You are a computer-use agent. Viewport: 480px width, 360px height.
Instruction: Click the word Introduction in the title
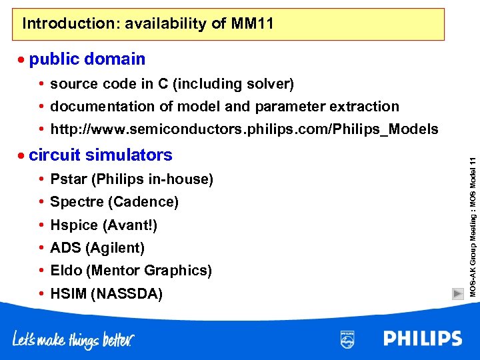(59, 24)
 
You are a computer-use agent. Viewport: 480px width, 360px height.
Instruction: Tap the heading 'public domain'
(87, 59)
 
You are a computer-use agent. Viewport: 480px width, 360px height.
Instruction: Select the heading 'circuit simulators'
(101, 155)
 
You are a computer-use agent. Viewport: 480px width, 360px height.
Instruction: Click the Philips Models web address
(245, 129)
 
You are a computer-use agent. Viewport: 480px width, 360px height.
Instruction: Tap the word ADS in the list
(65, 248)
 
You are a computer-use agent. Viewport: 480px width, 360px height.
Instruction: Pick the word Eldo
(65, 271)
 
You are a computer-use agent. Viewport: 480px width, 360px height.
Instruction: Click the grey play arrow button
(457, 293)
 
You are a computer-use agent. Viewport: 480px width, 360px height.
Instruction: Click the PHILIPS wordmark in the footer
(423, 339)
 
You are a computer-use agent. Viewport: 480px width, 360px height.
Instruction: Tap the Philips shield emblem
(347, 339)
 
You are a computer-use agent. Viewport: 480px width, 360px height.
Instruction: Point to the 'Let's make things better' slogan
(73, 339)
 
